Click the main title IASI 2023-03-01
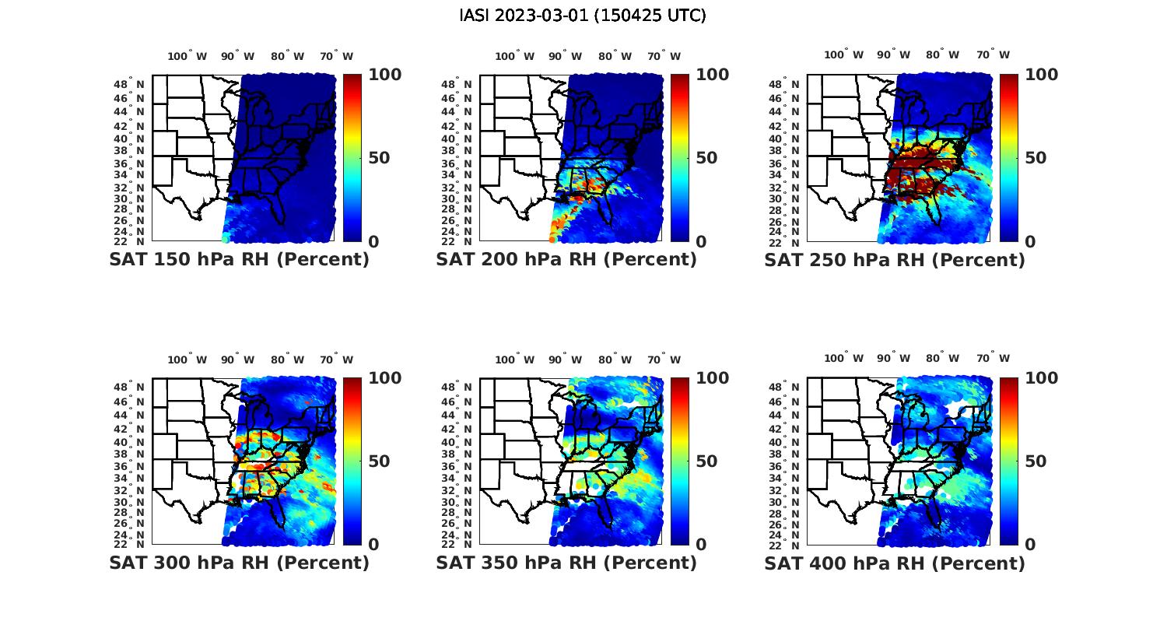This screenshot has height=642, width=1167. coord(583,16)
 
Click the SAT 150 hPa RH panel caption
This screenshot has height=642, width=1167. coord(239,260)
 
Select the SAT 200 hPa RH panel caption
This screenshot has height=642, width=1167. coord(566,260)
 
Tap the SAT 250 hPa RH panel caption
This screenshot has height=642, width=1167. coord(895,260)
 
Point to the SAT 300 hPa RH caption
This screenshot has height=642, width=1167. coord(239,563)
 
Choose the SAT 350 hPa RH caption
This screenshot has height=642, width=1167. coord(566,563)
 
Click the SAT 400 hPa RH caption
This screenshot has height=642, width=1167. coord(895,563)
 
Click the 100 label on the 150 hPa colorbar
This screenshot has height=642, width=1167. coord(384,75)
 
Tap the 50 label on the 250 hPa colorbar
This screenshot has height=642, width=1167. coord(1036,158)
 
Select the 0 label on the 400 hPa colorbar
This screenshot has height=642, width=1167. coord(1031,545)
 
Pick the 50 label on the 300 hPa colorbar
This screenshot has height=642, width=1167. coord(379,461)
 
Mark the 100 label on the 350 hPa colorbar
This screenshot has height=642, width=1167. coord(712,378)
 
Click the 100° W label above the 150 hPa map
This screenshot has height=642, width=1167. coord(187,56)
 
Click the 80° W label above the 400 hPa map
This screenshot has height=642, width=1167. coord(942,358)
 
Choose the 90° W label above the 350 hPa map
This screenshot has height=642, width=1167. coord(565,360)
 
